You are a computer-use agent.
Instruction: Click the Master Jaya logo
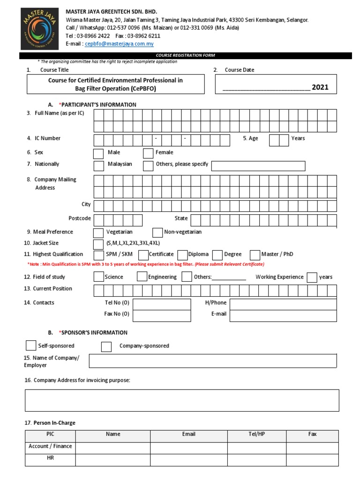[40, 29]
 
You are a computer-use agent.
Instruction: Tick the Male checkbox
[98, 153]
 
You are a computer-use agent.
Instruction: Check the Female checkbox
[148, 153]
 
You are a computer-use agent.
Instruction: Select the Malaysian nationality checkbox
[98, 165]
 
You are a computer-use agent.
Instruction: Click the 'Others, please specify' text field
[258, 166]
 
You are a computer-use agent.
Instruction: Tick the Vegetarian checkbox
[98, 233]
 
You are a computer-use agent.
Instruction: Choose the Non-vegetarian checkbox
[158, 233]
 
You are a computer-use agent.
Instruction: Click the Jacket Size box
[98, 244]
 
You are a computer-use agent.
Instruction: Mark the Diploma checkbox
[183, 255]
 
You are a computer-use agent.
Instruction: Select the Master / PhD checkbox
[255, 255]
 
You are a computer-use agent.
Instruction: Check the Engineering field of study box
[142, 277]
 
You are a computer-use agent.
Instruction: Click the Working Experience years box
[312, 277]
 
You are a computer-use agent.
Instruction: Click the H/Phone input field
[283, 304]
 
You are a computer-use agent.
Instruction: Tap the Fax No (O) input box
[162, 315]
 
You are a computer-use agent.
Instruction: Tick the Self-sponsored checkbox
[31, 345]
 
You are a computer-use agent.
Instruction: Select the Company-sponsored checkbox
[106, 346]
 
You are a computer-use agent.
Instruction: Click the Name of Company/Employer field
[213, 361]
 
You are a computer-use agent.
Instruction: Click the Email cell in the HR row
[188, 460]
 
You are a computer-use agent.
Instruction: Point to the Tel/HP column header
[257, 434]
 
